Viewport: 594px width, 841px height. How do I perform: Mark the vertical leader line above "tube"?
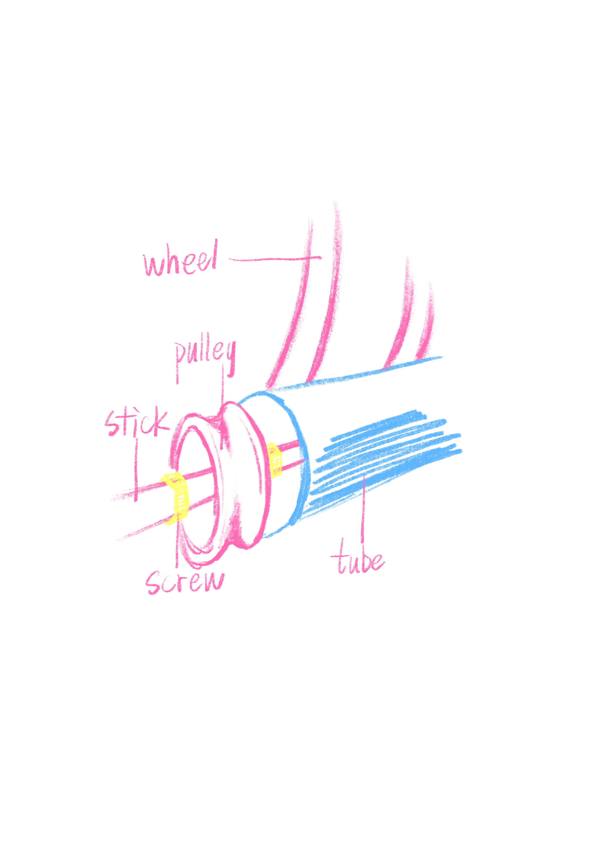click(x=363, y=509)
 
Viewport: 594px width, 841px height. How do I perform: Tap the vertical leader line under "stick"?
click(x=136, y=469)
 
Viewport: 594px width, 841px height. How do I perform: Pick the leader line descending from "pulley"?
click(x=223, y=385)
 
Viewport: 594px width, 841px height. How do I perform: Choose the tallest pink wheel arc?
click(x=331, y=293)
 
